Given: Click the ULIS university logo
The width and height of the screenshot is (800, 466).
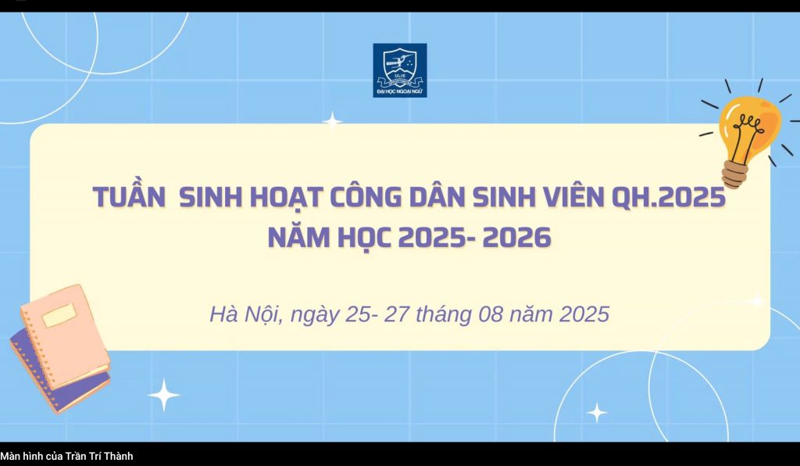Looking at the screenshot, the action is [400, 70].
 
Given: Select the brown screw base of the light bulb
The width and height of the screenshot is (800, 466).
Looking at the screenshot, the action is [735, 174].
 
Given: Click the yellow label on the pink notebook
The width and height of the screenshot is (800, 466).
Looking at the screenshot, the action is [59, 315].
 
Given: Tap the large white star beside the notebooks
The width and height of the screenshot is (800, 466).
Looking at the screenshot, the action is [164, 395].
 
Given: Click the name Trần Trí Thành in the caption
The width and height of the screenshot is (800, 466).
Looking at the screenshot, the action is [99, 457].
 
